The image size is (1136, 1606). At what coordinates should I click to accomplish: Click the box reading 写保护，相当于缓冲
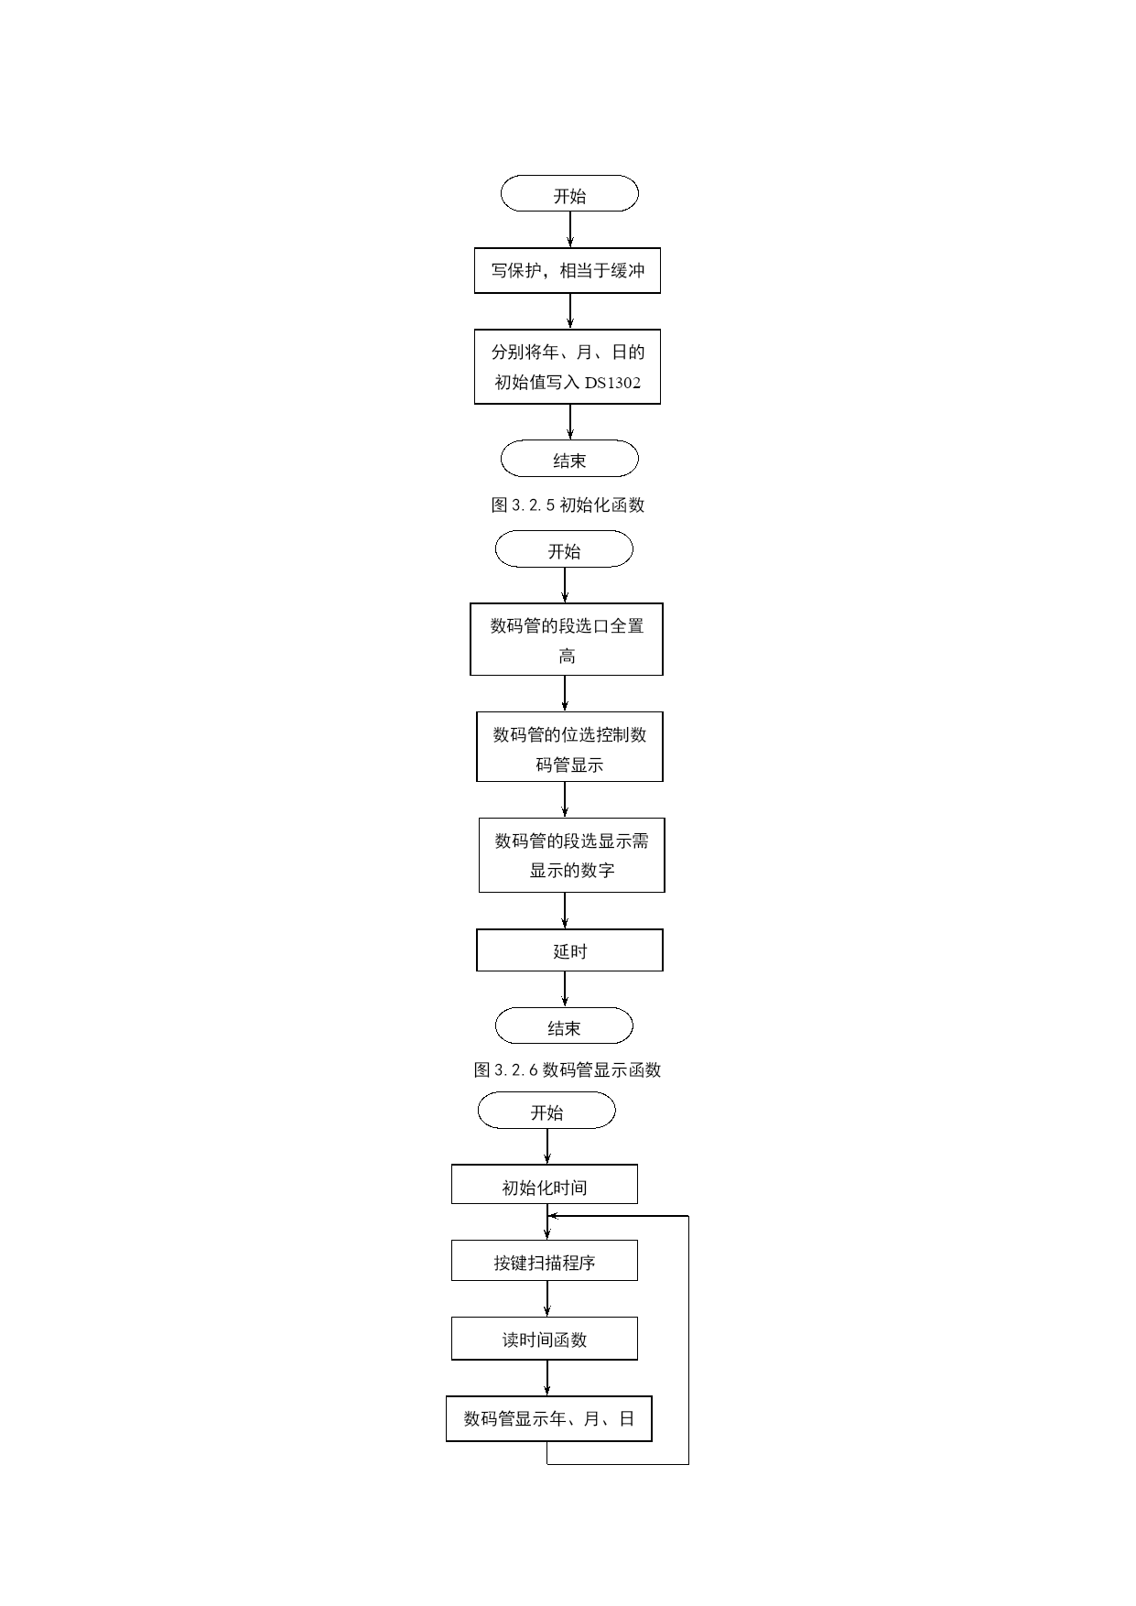tap(568, 270)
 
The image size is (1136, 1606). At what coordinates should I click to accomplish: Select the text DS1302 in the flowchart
tap(612, 383)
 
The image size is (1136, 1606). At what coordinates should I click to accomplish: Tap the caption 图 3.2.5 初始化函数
tap(568, 505)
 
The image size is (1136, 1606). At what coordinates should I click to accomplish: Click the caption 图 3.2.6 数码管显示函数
tap(568, 1069)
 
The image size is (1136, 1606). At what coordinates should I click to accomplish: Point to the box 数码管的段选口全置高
tap(567, 639)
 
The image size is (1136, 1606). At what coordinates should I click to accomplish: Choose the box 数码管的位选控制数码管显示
tap(569, 746)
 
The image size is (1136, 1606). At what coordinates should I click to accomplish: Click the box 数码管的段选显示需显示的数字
tap(571, 855)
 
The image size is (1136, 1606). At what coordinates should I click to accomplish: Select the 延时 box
tap(569, 950)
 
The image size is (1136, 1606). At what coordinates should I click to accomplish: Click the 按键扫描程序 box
tap(545, 1261)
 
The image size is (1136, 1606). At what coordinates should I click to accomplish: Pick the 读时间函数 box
tap(545, 1339)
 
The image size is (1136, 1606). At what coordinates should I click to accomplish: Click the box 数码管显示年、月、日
tap(549, 1418)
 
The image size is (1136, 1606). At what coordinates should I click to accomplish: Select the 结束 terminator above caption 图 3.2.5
tap(569, 459)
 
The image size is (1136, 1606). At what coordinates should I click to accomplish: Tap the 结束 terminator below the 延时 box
tap(564, 1025)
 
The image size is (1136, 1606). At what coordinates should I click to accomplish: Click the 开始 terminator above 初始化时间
tap(546, 1111)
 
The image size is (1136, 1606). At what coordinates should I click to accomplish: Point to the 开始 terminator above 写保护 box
tap(569, 193)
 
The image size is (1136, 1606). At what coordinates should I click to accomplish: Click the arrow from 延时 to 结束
tap(565, 990)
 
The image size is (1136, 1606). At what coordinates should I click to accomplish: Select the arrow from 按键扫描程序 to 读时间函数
tap(547, 1299)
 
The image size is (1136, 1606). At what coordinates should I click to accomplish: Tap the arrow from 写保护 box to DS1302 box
tap(570, 311)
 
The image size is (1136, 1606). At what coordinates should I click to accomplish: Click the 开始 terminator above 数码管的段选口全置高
tap(564, 550)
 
